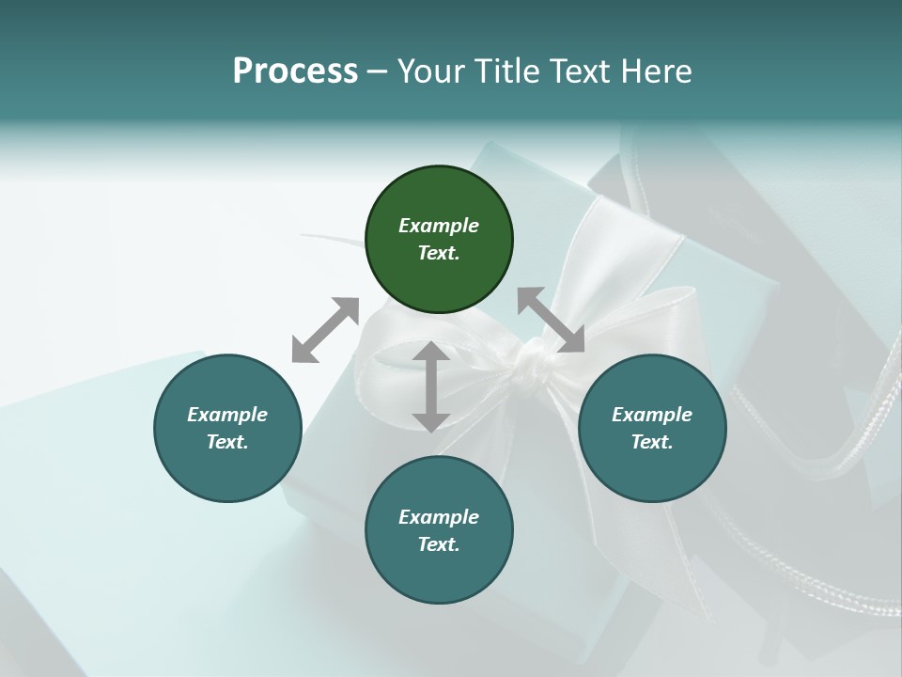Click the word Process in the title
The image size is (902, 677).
coord(295,71)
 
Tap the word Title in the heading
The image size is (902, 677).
coord(507,71)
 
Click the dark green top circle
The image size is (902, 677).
coord(439,240)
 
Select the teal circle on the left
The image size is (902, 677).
coord(227,428)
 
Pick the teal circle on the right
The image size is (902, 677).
coord(652,428)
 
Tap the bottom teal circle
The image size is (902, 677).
coord(439,530)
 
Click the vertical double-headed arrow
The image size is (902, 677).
coord(431,386)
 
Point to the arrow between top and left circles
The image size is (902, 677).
coord(325,330)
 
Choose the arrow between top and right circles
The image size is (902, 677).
coord(551,320)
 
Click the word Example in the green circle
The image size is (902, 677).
coord(439,226)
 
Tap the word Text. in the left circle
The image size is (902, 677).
coord(227,442)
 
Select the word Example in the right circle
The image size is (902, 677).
coord(652,415)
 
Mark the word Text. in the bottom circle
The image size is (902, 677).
coord(439,544)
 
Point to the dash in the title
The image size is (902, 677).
coord(378,72)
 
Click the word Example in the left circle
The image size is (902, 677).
coord(227,415)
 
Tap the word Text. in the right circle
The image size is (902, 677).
coord(652,442)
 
